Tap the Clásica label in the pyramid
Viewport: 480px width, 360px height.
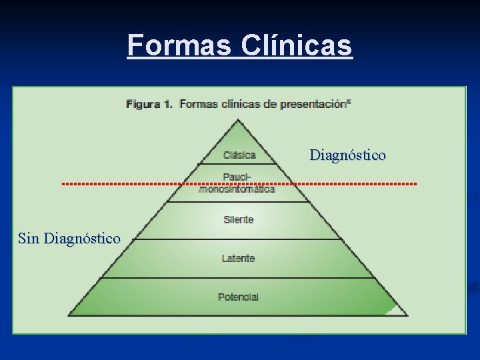pyautogui.click(x=239, y=155)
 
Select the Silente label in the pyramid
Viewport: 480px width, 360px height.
pyautogui.click(x=239, y=219)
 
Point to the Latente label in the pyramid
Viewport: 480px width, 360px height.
pyautogui.click(x=239, y=258)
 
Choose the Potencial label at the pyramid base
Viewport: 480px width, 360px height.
pyautogui.click(x=238, y=297)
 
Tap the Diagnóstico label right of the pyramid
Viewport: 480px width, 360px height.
pyautogui.click(x=347, y=155)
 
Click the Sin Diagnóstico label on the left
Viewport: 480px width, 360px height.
pyautogui.click(x=69, y=238)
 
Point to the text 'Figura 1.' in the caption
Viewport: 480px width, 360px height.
pyautogui.click(x=149, y=104)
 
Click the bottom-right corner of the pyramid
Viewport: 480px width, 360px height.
pyautogui.click(x=407, y=315)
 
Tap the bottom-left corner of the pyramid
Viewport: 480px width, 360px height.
pyautogui.click(x=69, y=315)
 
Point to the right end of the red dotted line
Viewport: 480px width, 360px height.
pyautogui.click(x=416, y=183)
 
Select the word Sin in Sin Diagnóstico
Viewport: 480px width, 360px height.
pyautogui.click(x=29, y=238)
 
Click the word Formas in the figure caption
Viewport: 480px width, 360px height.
pyautogui.click(x=198, y=104)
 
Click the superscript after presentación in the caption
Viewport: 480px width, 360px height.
pyautogui.click(x=350, y=101)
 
